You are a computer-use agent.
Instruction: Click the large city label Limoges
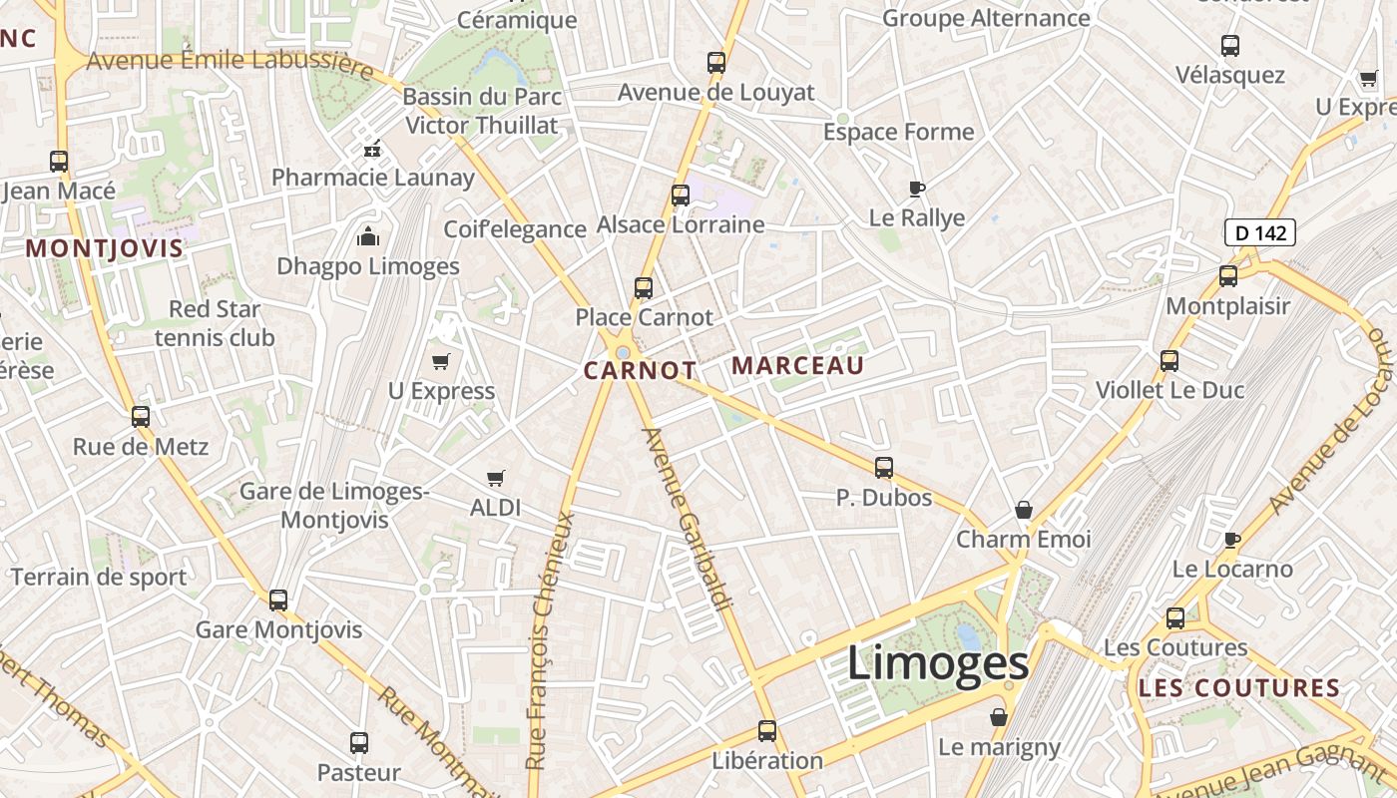tap(937, 664)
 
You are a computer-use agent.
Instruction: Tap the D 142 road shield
tap(1259, 233)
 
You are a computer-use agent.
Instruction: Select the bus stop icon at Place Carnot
tap(644, 288)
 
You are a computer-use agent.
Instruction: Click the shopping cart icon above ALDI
tap(495, 478)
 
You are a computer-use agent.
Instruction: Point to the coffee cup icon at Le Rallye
tap(917, 189)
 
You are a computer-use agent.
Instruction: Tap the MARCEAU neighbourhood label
tap(798, 366)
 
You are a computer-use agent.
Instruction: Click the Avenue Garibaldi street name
tap(689, 519)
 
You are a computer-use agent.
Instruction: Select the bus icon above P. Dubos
tap(883, 467)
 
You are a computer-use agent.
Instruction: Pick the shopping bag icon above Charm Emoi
tap(1024, 511)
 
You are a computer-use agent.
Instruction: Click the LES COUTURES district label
tap(1238, 688)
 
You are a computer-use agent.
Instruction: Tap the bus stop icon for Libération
tap(767, 731)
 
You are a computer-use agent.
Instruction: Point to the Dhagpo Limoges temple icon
tap(368, 237)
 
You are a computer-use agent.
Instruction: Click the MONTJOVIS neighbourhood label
tap(105, 248)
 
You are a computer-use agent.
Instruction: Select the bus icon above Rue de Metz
tap(141, 416)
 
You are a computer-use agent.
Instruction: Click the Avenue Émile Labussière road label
tap(230, 63)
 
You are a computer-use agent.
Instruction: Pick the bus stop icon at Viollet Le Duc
tap(1169, 361)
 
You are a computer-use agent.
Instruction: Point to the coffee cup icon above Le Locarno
tap(1232, 540)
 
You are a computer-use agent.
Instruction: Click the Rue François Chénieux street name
tap(550, 638)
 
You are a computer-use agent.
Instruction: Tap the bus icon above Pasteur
tap(359, 743)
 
